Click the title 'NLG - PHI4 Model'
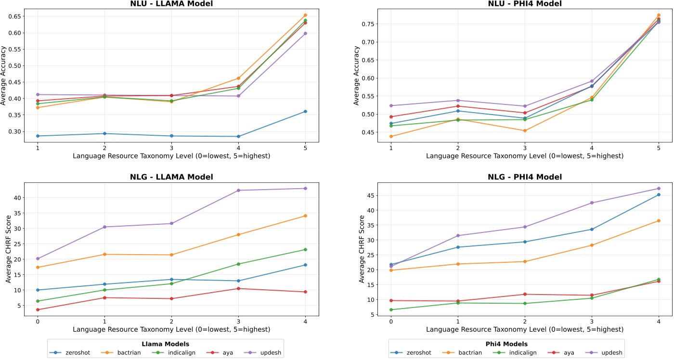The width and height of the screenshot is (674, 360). (x=525, y=177)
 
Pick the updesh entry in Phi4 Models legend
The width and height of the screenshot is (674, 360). (x=612, y=353)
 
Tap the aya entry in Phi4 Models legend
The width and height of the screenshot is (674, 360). (x=563, y=353)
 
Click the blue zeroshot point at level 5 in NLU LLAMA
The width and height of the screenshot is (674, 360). (x=305, y=112)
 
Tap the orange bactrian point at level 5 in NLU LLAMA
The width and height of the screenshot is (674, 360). (x=305, y=15)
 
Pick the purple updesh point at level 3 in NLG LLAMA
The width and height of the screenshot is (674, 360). (x=238, y=190)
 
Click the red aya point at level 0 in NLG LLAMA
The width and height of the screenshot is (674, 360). (x=38, y=309)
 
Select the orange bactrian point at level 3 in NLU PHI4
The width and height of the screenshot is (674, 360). (x=525, y=130)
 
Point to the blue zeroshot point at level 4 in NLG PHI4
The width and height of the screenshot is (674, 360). (x=659, y=194)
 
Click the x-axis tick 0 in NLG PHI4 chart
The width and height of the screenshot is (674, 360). (x=391, y=321)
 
